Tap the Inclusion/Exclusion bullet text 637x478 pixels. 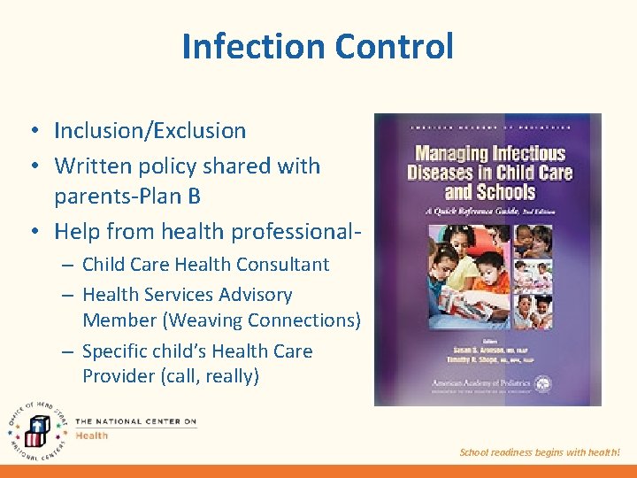tap(150, 131)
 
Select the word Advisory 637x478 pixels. tap(251, 295)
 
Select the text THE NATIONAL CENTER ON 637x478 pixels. tap(135, 421)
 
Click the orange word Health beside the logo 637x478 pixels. tap(91, 436)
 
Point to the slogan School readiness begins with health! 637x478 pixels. tap(540, 452)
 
